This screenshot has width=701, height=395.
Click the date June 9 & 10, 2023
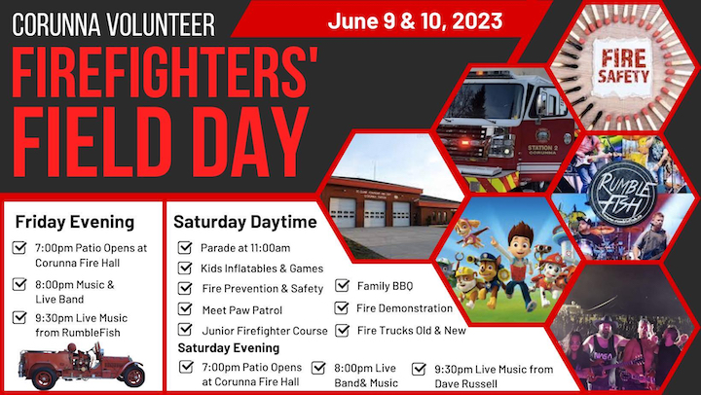click(x=415, y=21)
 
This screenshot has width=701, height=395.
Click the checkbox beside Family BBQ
click(x=342, y=285)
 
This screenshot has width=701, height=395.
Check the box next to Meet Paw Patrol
click(x=185, y=308)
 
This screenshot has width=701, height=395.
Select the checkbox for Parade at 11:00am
click(x=185, y=247)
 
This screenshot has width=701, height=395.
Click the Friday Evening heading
click(x=75, y=222)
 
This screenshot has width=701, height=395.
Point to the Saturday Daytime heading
click(x=245, y=222)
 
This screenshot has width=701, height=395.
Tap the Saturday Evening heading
click(x=229, y=347)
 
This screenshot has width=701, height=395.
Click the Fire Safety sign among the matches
click(x=623, y=67)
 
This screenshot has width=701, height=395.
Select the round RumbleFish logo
click(x=622, y=194)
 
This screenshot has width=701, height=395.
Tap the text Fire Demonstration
click(x=404, y=308)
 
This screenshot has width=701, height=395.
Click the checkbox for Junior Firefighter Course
click(x=185, y=330)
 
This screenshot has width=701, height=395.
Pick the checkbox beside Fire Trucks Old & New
click(x=342, y=330)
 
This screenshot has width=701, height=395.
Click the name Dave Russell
click(x=465, y=384)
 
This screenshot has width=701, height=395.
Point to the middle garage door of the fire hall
click(x=374, y=214)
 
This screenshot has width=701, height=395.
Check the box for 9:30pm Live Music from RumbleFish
click(x=19, y=317)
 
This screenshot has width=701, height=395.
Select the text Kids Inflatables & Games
click(x=262, y=269)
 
